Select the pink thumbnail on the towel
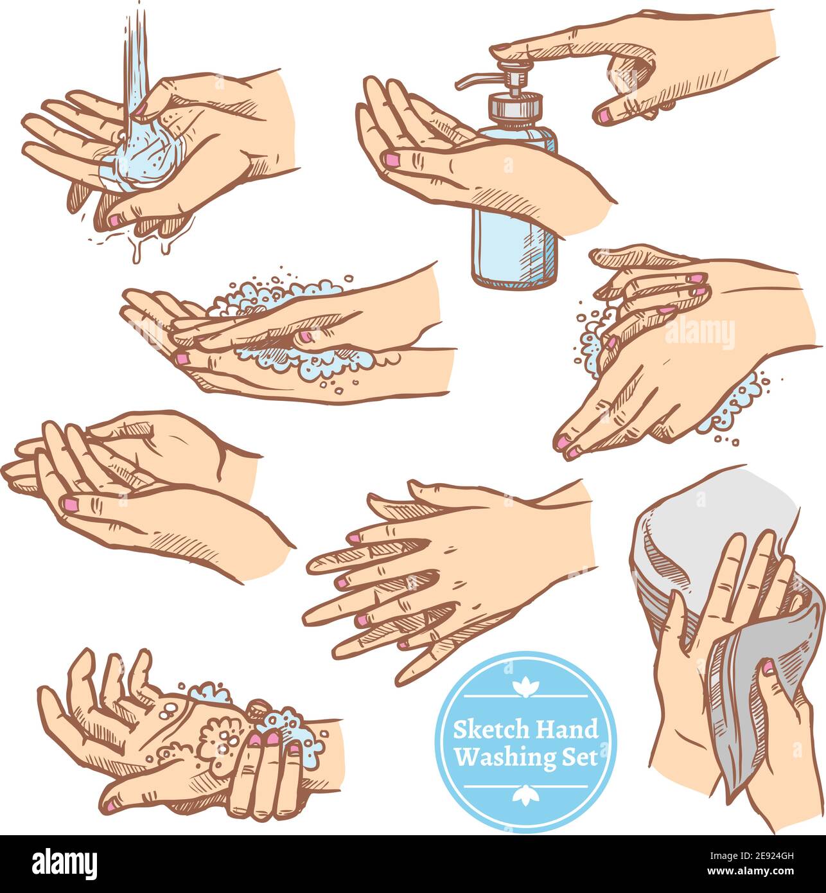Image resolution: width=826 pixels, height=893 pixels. pyautogui.click(x=768, y=668)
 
